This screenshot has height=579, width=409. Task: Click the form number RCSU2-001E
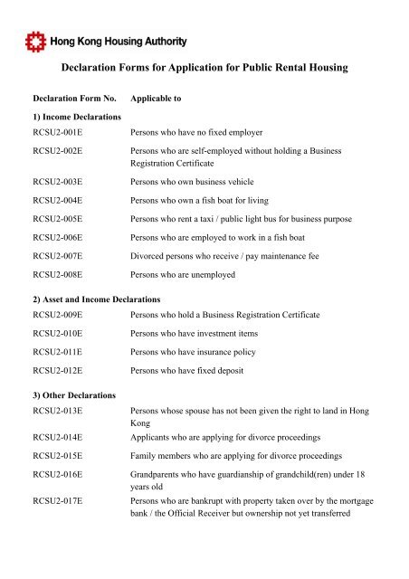click(x=58, y=133)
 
